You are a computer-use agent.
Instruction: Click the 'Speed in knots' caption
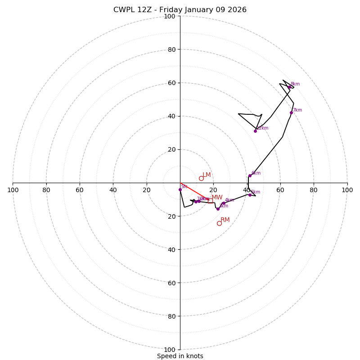click(x=180, y=356)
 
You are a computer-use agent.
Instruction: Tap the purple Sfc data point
click(x=180, y=189)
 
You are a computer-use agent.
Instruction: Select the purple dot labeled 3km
click(x=218, y=209)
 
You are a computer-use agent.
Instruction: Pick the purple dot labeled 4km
click(x=223, y=203)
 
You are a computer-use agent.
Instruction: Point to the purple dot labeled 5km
click(x=250, y=195)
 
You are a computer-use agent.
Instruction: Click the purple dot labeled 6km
click(x=250, y=176)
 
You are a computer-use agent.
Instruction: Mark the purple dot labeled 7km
click(x=291, y=112)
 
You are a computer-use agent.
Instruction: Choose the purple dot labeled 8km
click(x=289, y=87)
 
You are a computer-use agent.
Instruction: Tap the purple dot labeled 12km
click(x=255, y=131)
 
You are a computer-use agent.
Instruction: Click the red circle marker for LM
click(x=201, y=178)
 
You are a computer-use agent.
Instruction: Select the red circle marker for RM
click(x=219, y=223)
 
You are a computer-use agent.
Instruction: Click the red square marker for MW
click(x=210, y=201)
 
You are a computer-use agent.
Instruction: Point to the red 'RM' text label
click(x=225, y=220)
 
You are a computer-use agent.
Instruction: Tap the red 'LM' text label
click(x=207, y=175)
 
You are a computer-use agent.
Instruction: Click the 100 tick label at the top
click(x=170, y=17)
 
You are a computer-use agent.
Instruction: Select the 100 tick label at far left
click(x=13, y=190)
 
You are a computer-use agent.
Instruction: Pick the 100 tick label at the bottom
click(x=170, y=350)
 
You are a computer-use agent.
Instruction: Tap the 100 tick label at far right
click(x=347, y=190)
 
